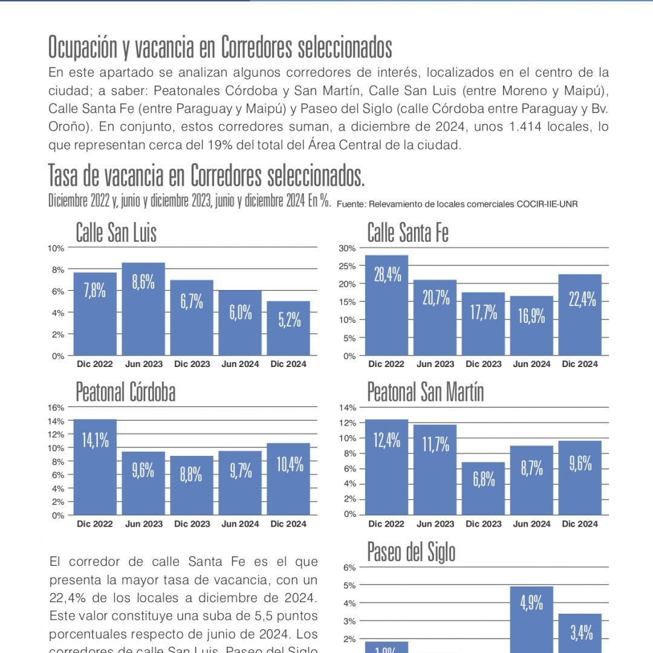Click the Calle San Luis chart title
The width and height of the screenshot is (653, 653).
coord(116,233)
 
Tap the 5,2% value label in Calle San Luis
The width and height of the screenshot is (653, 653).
coord(290,320)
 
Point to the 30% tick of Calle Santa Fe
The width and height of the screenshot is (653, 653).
coord(348,249)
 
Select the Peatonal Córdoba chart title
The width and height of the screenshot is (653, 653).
coord(125,392)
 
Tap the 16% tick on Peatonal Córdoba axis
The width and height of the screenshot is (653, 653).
coord(56,408)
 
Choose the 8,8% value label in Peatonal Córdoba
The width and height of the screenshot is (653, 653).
coord(191,475)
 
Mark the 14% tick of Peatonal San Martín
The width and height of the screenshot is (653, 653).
coord(349,408)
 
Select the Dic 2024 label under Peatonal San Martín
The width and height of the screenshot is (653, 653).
coord(580,524)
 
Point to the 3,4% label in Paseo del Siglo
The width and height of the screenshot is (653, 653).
coord(581,633)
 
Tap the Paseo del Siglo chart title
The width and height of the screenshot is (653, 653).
coord(411,552)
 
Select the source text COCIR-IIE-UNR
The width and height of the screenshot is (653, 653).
coord(547,204)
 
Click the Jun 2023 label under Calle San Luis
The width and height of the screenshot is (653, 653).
coord(143,364)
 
